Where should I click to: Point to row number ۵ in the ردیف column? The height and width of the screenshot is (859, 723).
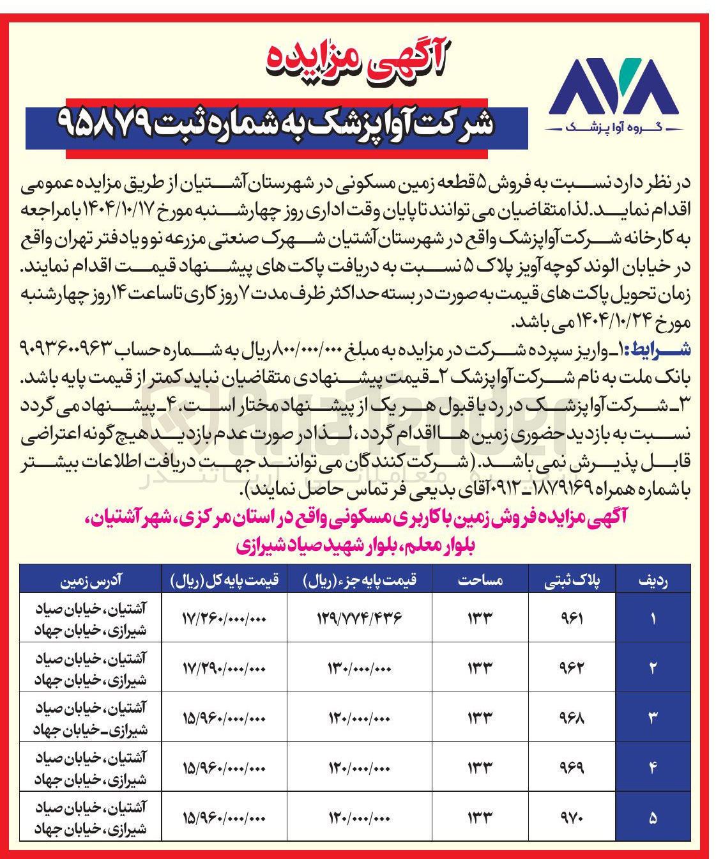653,816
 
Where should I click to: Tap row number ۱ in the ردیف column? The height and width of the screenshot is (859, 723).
653,618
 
